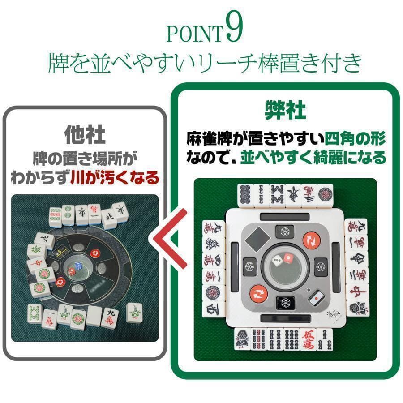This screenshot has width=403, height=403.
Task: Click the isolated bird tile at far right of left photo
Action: click(x=134, y=312)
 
